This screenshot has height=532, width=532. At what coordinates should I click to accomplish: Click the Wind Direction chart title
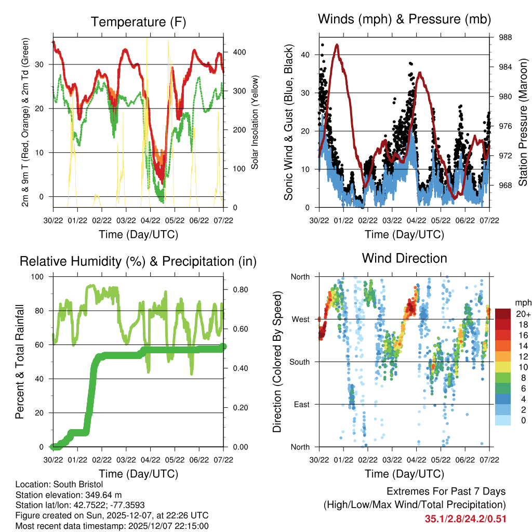pos(404,258)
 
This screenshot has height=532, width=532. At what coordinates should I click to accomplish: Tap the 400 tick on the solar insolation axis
pos(240,52)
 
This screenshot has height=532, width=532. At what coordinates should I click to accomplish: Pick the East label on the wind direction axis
pos(301,404)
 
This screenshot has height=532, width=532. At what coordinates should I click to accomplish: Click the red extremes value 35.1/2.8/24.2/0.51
pos(465,518)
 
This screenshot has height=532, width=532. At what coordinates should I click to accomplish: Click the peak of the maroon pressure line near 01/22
pos(338,45)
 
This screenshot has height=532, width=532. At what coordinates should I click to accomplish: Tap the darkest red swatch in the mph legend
pos(503,314)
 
